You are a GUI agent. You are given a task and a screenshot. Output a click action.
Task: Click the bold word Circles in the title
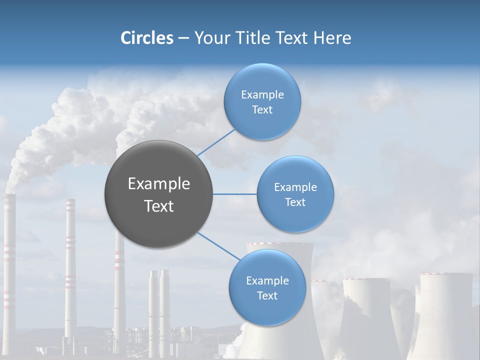(x=146, y=38)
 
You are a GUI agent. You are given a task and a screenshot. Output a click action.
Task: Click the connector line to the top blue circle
(x=216, y=142)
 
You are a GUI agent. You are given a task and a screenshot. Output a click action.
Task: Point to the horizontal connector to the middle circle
(x=234, y=194)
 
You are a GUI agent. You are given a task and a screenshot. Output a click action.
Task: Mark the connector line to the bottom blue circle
(x=219, y=246)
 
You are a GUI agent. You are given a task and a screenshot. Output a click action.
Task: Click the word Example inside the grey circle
(x=159, y=184)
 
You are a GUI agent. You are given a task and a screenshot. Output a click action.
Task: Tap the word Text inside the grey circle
(x=159, y=206)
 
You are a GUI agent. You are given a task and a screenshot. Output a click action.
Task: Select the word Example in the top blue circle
(x=262, y=94)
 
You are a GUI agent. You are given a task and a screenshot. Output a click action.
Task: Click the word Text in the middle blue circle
(x=295, y=202)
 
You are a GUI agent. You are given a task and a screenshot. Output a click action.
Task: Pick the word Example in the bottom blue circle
(x=267, y=280)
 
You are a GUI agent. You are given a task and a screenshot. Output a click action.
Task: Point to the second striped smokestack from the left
(x=70, y=265)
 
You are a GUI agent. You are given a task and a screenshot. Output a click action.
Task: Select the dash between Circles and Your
(x=183, y=38)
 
